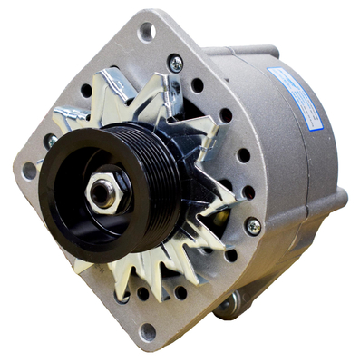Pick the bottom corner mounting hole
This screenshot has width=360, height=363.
[x=147, y=332]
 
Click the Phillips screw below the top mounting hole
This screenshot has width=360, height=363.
[x=175, y=63]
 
